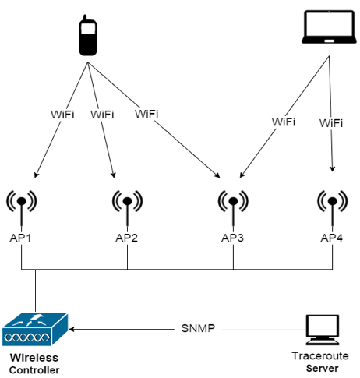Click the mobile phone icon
pos(88,35)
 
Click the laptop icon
pos(329,26)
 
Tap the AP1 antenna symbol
pos(22,207)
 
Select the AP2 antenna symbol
pos(127,207)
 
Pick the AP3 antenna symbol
pos(233,207)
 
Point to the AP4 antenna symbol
pos(333,207)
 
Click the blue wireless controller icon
pos(35,330)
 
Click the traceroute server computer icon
pos(323,330)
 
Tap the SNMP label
pos(198,329)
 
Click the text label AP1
pos(20,238)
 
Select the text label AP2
pos(126,238)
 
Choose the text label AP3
pos(232,238)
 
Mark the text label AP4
pos(332,238)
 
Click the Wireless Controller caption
pos(34,364)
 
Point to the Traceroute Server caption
pos(320,362)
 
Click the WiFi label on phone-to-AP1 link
pos(62,115)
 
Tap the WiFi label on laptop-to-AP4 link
pos(331,123)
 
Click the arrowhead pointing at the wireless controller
pos(72,329)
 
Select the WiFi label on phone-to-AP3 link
pos(146,114)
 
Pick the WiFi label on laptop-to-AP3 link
pos(284,122)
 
